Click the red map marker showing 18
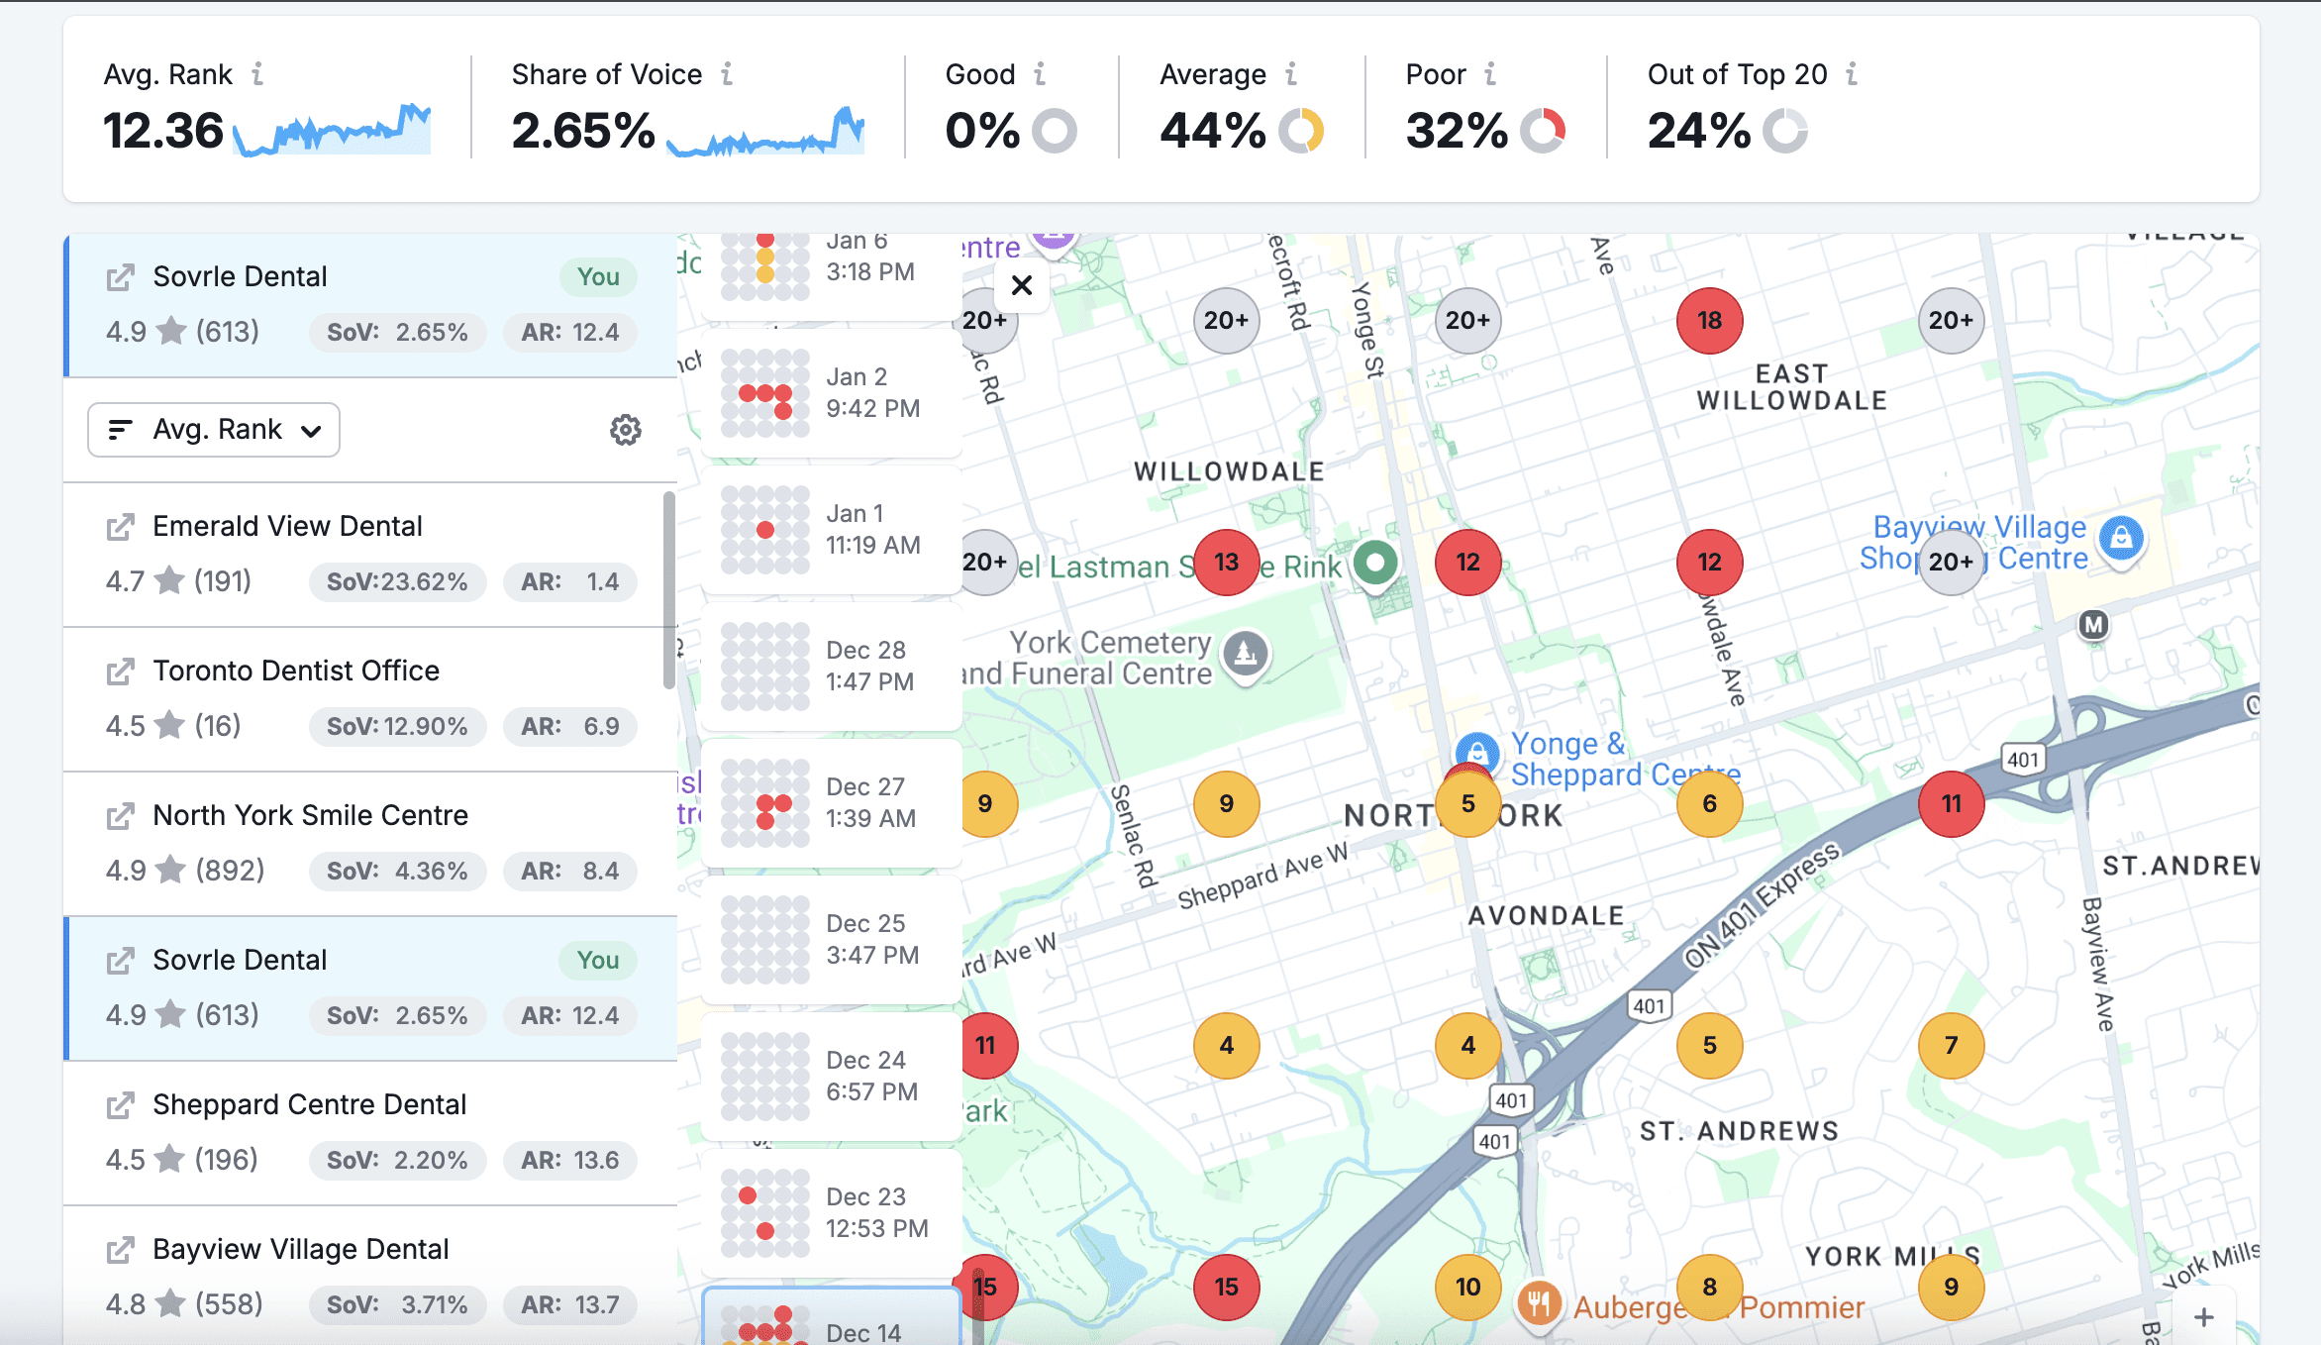pyautogui.click(x=1709, y=321)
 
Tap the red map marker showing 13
pyautogui.click(x=1226, y=563)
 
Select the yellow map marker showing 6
pyautogui.click(x=1709, y=804)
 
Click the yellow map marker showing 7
pyautogui.click(x=1951, y=1046)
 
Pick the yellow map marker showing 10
pyautogui.click(x=1467, y=1288)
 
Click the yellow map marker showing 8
pyautogui.click(x=1709, y=1288)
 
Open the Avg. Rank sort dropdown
pyautogui.click(x=214, y=430)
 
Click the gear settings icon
pyautogui.click(x=625, y=430)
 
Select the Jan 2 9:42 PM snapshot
pyautogui.click(x=832, y=393)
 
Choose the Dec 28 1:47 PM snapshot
pyautogui.click(x=832, y=667)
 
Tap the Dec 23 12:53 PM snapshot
pyautogui.click(x=832, y=1213)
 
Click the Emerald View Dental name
pyautogui.click(x=287, y=526)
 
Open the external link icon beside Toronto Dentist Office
pyautogui.click(x=120, y=672)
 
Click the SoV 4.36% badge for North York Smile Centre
pyautogui.click(x=397, y=871)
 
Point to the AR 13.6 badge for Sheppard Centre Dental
pyautogui.click(x=570, y=1160)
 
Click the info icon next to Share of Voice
pyautogui.click(x=727, y=74)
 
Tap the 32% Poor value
pyautogui.click(x=1456, y=131)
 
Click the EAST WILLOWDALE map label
pyautogui.click(x=1791, y=387)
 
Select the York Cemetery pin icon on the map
pyautogui.click(x=1246, y=653)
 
